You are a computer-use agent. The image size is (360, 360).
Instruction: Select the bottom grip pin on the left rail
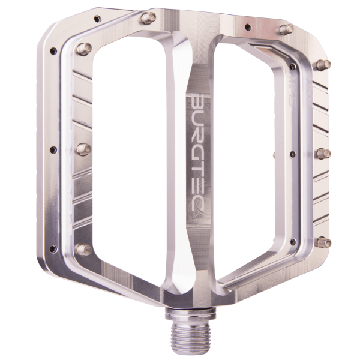tap(84, 248)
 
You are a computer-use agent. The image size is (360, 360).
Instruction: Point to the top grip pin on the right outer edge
tap(323, 64)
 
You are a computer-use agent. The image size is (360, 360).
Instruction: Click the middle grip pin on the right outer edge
tap(323, 154)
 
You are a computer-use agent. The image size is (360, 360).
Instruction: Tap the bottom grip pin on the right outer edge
tap(323, 242)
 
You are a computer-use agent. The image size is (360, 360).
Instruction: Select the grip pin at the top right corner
tap(287, 28)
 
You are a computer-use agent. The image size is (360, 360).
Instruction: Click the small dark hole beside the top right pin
tap(247, 26)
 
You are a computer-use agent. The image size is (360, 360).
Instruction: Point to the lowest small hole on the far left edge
tap(53, 248)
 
